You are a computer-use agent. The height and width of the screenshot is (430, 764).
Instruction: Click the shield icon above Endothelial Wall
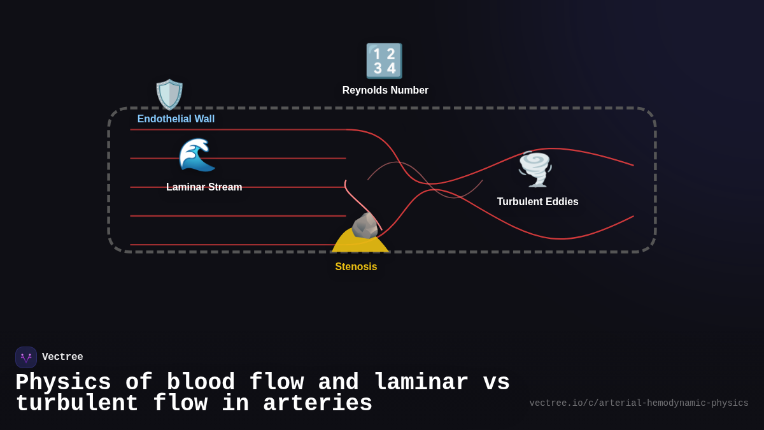point(169,94)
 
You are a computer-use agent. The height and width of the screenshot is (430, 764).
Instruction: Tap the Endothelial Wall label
point(176,119)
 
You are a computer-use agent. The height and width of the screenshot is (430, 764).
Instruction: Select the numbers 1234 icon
point(384,61)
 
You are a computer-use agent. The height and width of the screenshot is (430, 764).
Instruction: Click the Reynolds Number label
point(385,90)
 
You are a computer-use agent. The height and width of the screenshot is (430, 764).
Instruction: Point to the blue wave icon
point(197,155)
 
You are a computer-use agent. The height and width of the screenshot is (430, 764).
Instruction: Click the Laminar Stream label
point(204,187)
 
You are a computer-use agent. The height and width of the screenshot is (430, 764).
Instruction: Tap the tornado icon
point(535,169)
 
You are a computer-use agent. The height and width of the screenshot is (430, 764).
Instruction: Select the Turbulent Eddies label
point(537,202)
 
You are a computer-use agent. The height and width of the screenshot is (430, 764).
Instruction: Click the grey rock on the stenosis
point(365,226)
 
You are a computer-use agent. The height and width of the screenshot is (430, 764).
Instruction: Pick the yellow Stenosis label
point(356,267)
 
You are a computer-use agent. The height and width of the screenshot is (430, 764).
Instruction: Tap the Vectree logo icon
point(26,357)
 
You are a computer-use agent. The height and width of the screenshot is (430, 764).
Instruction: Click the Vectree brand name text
point(62,357)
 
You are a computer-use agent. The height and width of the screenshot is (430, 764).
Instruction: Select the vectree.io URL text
point(639,403)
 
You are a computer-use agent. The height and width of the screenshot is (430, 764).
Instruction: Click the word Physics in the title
point(63,383)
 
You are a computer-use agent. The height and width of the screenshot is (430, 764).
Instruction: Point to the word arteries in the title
point(317,404)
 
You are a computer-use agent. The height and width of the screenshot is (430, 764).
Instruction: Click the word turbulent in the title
point(77,404)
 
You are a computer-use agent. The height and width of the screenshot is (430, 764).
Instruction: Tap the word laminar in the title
point(421,383)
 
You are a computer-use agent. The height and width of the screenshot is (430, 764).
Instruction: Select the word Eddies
point(561,202)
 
